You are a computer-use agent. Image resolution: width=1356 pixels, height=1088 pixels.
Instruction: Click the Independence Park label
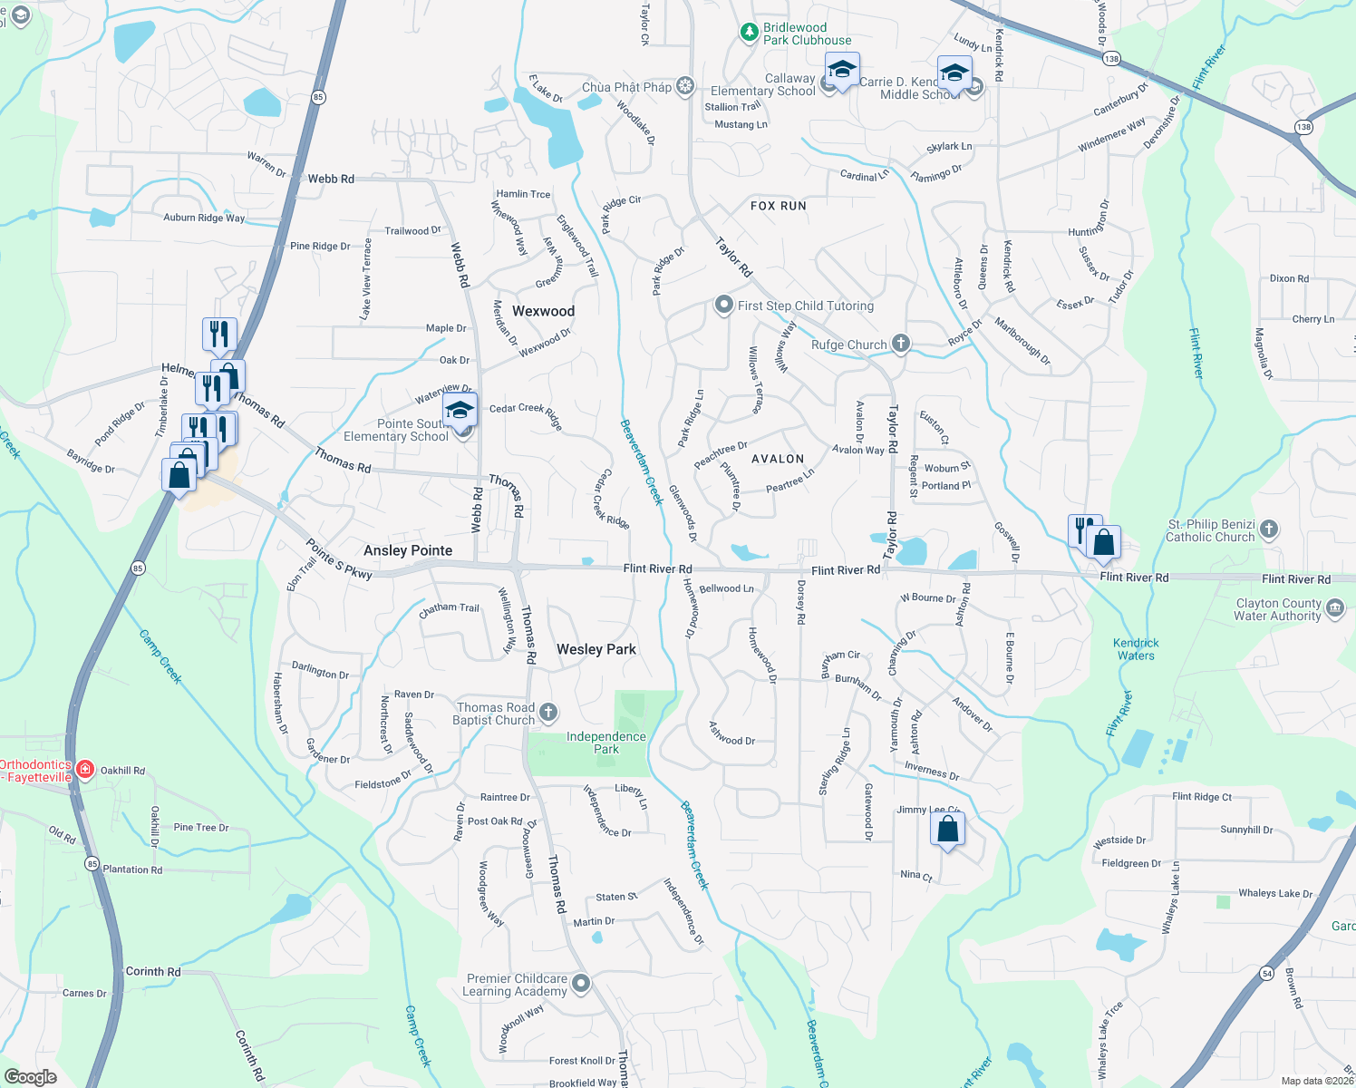[x=606, y=743]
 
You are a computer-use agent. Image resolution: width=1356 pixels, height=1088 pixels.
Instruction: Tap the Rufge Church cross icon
[x=900, y=343]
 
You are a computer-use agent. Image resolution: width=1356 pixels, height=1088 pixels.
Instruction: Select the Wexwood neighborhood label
[x=543, y=311]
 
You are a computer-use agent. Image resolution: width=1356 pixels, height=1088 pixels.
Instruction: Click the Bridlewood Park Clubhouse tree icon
[x=749, y=33]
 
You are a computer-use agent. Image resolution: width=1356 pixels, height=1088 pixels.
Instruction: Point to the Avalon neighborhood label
[x=778, y=459]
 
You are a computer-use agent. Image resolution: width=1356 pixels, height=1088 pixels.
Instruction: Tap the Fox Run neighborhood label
[x=778, y=206]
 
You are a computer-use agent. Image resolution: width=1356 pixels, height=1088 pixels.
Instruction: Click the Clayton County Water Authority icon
[x=1335, y=608]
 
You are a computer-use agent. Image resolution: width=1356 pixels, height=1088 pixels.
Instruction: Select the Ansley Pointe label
[x=408, y=550]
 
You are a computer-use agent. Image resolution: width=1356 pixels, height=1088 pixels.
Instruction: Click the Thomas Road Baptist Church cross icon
[x=548, y=713]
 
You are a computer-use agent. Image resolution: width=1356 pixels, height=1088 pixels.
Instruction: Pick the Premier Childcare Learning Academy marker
[x=581, y=984]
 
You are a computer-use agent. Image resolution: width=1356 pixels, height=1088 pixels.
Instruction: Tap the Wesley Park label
[x=596, y=649]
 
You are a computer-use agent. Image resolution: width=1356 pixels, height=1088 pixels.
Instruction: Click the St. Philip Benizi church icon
[x=1269, y=529]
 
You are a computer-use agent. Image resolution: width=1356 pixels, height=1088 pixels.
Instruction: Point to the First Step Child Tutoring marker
[x=723, y=305]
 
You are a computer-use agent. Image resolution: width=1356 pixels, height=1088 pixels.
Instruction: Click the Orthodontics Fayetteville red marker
[x=85, y=770]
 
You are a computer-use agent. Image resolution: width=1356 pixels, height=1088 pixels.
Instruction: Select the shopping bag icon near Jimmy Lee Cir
[x=947, y=829]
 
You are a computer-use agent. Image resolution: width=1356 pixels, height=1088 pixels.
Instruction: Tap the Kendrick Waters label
[x=1136, y=649]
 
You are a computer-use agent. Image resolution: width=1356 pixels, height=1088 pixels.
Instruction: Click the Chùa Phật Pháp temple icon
[x=685, y=86]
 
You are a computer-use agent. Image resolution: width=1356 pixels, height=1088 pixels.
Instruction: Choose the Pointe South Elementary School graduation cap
[x=460, y=411]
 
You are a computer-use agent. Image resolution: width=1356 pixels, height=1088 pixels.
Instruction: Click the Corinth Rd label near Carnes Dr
[x=153, y=971]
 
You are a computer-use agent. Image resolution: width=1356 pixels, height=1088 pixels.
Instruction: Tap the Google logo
[x=31, y=1077]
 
